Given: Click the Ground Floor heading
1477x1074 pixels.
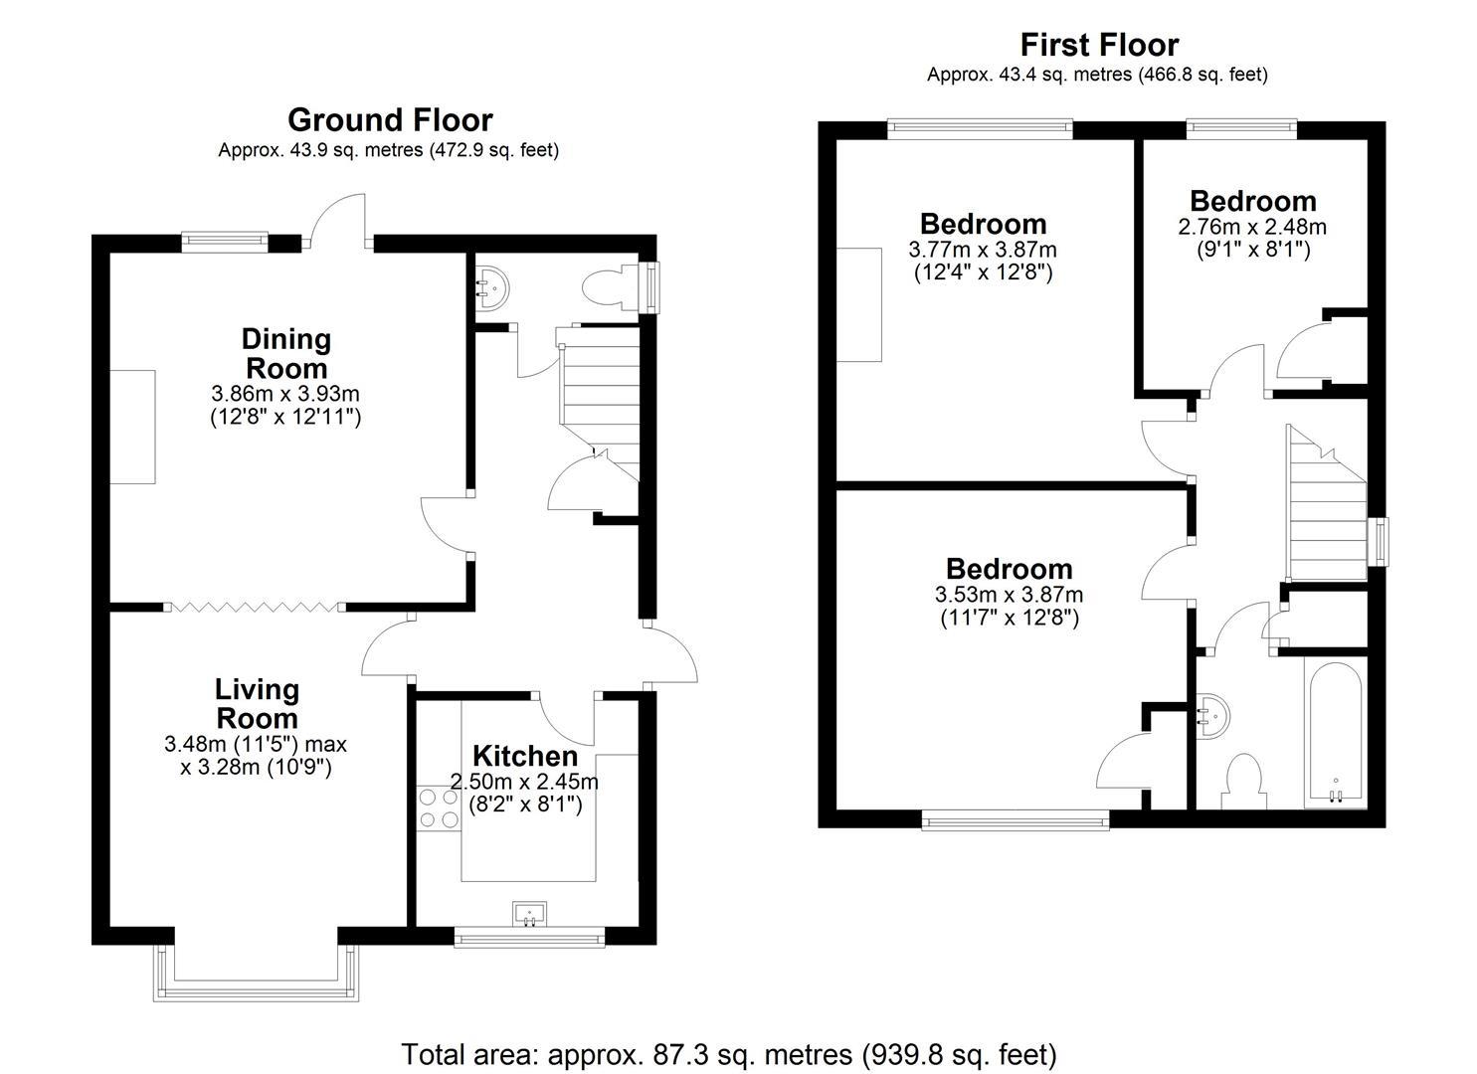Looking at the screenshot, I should pyautogui.click(x=390, y=120).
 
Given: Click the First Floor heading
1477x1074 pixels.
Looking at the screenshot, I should pyautogui.click(x=1099, y=45).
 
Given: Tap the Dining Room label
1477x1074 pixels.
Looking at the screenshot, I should pyautogui.click(x=285, y=353).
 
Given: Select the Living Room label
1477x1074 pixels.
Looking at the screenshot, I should pyautogui.click(x=257, y=703).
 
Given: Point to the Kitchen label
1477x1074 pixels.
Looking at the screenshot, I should pyautogui.click(x=524, y=755).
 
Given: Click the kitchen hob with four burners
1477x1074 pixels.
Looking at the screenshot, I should pyautogui.click(x=435, y=806).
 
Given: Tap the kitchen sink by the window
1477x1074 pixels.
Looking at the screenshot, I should pyautogui.click(x=529, y=912).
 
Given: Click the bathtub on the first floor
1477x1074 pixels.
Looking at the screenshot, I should pyautogui.click(x=1336, y=733).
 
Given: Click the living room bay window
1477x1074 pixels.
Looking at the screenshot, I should pyautogui.click(x=254, y=973).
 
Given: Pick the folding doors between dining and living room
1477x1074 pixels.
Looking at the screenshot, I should pyautogui.click(x=254, y=606).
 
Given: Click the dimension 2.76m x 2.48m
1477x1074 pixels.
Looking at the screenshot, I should pyautogui.click(x=1252, y=227).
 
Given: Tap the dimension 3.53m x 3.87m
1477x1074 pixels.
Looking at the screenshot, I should pyautogui.click(x=1009, y=595).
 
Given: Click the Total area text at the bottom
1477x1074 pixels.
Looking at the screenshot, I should pyautogui.click(x=728, y=1053).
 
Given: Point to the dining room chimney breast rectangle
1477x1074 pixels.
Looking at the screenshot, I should pyautogui.click(x=132, y=427).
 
